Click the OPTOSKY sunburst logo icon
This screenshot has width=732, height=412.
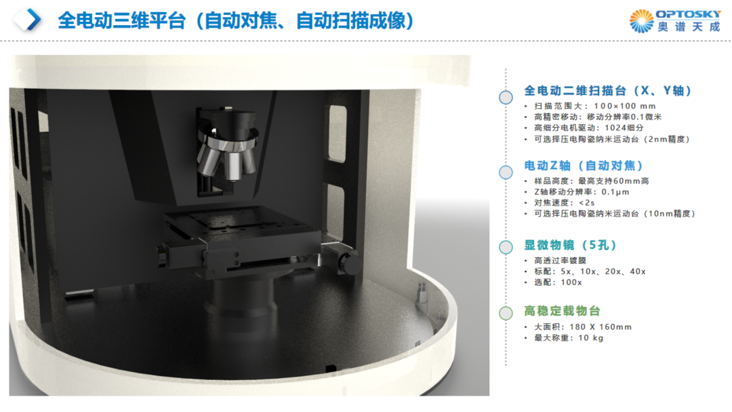point(641,21)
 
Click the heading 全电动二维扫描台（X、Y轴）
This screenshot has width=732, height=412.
point(607,91)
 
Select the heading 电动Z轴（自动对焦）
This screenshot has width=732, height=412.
point(583,166)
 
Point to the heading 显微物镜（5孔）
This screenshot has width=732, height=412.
point(570,245)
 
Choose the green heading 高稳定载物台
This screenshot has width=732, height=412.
point(562,311)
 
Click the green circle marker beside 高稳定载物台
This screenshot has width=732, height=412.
point(506,313)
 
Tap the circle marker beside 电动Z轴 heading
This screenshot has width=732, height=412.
point(506,172)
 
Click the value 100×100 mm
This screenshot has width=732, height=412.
point(625,106)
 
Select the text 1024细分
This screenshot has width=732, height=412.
point(624,128)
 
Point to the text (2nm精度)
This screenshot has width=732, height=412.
point(666,139)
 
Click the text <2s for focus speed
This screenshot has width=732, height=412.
point(587,203)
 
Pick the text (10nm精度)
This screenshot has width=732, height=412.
point(669,214)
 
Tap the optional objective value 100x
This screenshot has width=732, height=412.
point(571,282)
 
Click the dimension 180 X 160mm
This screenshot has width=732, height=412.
point(601,327)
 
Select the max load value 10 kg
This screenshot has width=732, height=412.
point(591,337)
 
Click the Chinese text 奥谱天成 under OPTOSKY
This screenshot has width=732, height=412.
point(689,27)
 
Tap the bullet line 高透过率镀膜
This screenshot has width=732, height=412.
point(561,261)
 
